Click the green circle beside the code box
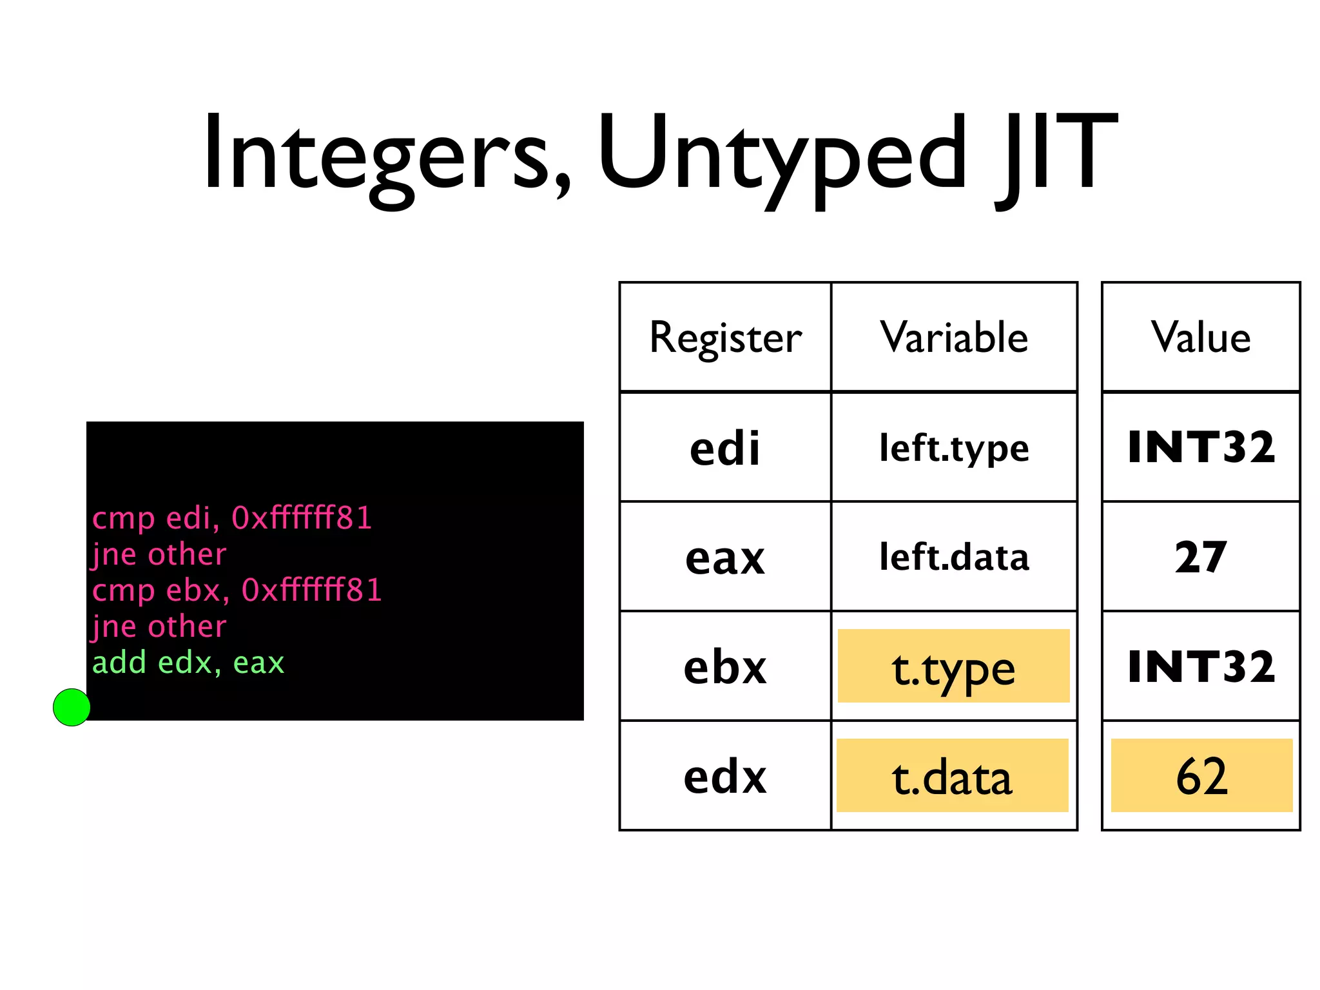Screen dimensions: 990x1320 tap(72, 707)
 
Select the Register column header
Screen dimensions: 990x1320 tap(725, 337)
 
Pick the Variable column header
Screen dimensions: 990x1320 tap(954, 337)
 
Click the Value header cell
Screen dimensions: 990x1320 tap(1201, 337)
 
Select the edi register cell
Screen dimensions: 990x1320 tap(725, 447)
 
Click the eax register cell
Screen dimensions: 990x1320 tap(725, 557)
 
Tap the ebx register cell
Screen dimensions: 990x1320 tap(725, 666)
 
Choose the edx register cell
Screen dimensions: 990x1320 tap(725, 776)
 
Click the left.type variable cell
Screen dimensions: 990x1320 tap(954, 447)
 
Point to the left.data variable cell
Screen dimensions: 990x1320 tap(954, 557)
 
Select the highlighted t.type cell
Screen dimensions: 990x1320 tap(953, 666)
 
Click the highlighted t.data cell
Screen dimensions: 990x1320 tap(952, 776)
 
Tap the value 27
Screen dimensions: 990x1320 tap(1201, 557)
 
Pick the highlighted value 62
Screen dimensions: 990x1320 tap(1201, 776)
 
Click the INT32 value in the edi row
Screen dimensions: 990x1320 tap(1201, 447)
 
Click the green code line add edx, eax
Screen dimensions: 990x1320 tap(188, 663)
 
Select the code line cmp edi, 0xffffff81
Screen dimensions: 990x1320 tap(232, 518)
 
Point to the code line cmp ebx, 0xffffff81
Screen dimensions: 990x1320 tap(237, 590)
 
